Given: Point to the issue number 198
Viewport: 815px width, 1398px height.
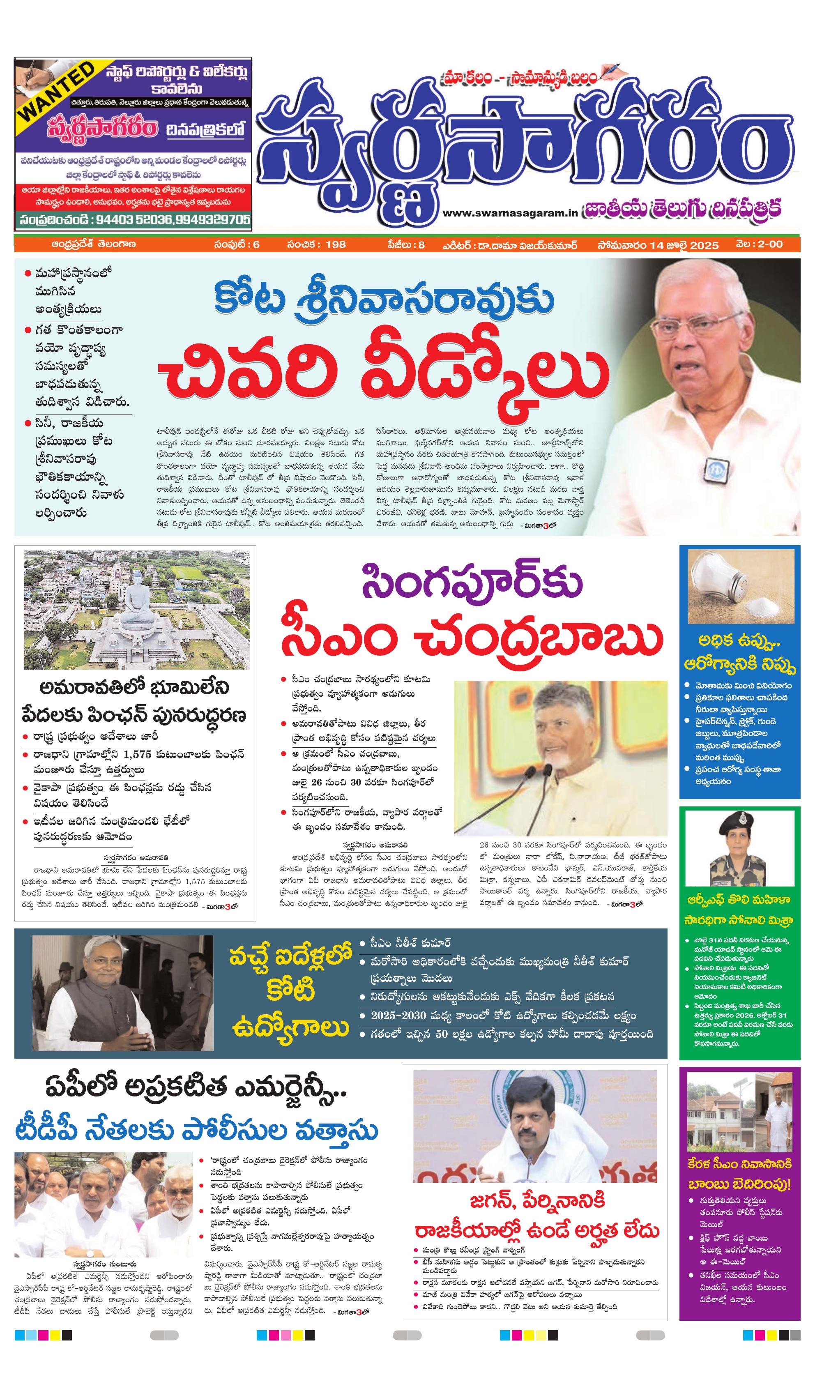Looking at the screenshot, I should [x=336, y=244].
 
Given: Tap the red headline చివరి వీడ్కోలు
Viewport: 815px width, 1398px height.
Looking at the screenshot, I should [x=383, y=377].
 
